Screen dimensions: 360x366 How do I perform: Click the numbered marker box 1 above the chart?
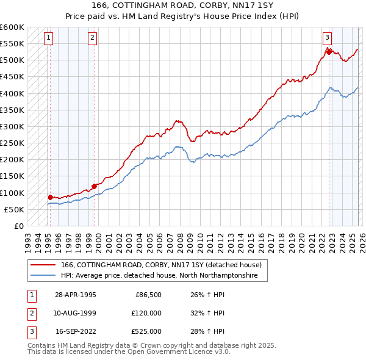click(48, 38)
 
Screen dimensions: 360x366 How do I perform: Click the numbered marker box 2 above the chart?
click(91, 38)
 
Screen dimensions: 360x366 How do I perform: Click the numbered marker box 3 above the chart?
click(327, 38)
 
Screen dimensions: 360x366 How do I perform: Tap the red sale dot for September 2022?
click(328, 52)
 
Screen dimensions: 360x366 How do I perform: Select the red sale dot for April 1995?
click(50, 197)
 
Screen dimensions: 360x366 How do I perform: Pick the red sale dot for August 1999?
click(94, 186)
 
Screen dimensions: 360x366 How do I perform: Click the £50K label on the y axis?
click(14, 209)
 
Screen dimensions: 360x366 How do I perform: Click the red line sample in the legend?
click(43, 265)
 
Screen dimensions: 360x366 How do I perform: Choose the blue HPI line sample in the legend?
click(43, 276)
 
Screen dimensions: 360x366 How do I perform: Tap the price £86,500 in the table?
click(146, 295)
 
